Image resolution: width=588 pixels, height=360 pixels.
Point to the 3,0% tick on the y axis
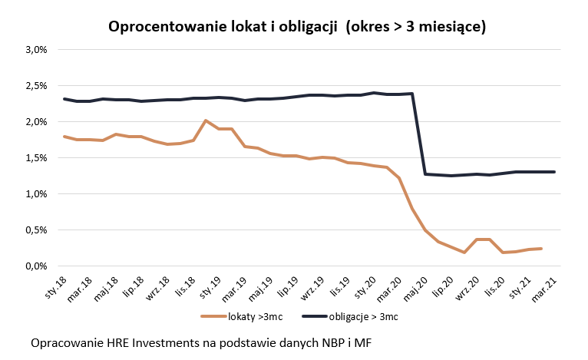[36, 50]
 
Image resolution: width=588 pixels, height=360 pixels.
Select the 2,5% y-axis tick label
[36, 86]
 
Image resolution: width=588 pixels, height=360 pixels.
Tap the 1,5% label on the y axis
[36, 158]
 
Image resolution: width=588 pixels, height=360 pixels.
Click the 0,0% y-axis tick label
[36, 266]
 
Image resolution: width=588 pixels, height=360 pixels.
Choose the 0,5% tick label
[36, 230]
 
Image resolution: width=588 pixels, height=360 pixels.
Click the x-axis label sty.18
[56, 284]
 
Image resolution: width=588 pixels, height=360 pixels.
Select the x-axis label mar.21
[546, 284]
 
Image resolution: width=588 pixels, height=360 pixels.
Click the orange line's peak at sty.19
[205, 121]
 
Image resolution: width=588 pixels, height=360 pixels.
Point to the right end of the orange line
[541, 248]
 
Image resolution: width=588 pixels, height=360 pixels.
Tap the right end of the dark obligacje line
[554, 172]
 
